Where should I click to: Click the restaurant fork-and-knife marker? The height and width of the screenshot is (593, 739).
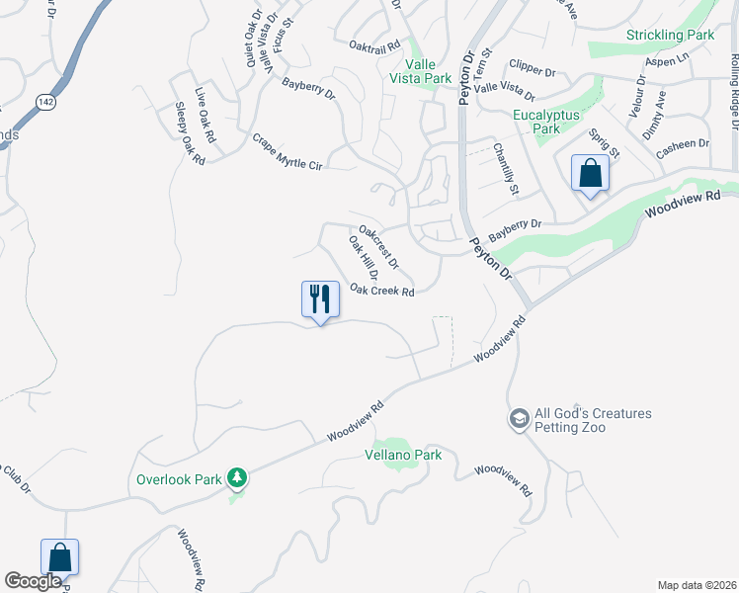pyautogui.click(x=320, y=298)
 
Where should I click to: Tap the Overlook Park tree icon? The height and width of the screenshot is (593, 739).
pyautogui.click(x=236, y=479)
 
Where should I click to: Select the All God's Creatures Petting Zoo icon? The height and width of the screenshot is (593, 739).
pyautogui.click(x=519, y=420)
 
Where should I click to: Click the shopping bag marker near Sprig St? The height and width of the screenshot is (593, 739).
pyautogui.click(x=590, y=173)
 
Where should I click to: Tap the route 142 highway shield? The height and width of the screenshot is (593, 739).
pyautogui.click(x=43, y=102)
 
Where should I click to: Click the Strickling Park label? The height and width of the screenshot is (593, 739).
pyautogui.click(x=670, y=36)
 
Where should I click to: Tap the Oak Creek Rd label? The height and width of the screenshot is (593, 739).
pyautogui.click(x=381, y=292)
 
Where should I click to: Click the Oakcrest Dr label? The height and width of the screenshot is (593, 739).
pyautogui.click(x=378, y=247)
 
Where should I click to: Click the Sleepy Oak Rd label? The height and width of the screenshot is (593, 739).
pyautogui.click(x=190, y=134)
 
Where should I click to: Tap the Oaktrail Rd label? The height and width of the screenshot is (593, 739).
pyautogui.click(x=374, y=45)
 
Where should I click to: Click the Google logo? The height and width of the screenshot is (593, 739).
pyautogui.click(x=33, y=581)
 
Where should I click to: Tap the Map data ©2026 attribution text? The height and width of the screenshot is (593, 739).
pyautogui.click(x=697, y=585)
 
